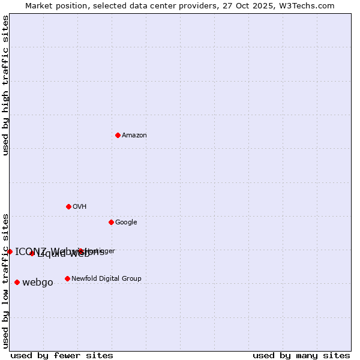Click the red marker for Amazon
pyautogui.click(x=118, y=135)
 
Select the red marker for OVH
pyautogui.click(x=68, y=206)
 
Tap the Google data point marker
pyautogui.click(x=111, y=222)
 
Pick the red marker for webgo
pyautogui.click(x=17, y=282)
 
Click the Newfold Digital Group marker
pyautogui.click(x=67, y=278)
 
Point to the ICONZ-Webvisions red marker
pyautogui.click(x=10, y=251)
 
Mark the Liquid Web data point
pyautogui.click(x=32, y=253)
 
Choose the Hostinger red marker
pyautogui.click(x=80, y=251)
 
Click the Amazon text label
pyautogui.click(x=134, y=135)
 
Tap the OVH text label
pyautogui.click(x=79, y=206)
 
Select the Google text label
pyautogui.click(x=126, y=222)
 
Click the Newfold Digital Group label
pyautogui.click(x=106, y=278)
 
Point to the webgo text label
pyautogui.click(x=37, y=282)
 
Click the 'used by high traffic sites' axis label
pyautogui.click(x=5, y=85)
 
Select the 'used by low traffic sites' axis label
pyautogui.click(x=5, y=280)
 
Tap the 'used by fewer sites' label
pyautogui.click(x=62, y=355)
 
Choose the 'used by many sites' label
pyautogui.click(x=301, y=355)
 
